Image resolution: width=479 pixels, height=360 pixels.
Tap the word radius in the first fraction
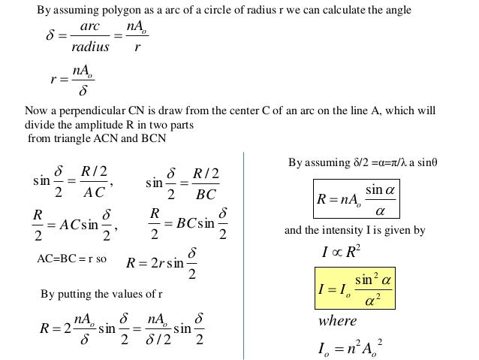pyautogui.click(x=89, y=47)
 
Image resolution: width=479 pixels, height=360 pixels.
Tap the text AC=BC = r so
pyautogui.click(x=73, y=257)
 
